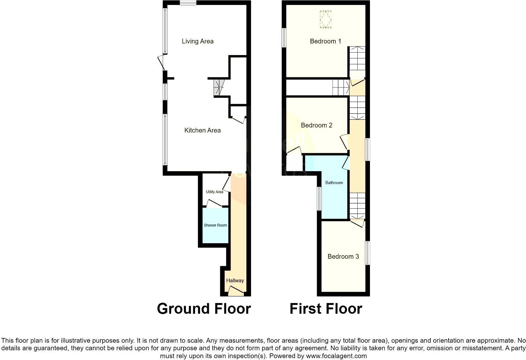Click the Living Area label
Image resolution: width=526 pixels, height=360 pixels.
pyautogui.click(x=198, y=41)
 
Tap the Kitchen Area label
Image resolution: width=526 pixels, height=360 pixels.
pyautogui.click(x=202, y=130)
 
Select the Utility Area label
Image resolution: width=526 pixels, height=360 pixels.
pyautogui.click(x=214, y=192)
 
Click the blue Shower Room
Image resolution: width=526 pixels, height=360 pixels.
pyautogui.click(x=215, y=225)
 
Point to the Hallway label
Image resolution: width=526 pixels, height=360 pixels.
pyautogui.click(x=235, y=280)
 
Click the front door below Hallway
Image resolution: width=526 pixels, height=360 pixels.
pyautogui.click(x=236, y=291)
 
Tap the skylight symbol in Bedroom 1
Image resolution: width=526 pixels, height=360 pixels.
pyautogui.click(x=326, y=20)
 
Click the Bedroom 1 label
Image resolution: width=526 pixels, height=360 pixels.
pyautogui.click(x=325, y=41)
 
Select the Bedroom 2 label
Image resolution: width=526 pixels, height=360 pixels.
pyautogui.click(x=316, y=125)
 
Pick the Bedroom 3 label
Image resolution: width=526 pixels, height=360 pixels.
pyautogui.click(x=343, y=256)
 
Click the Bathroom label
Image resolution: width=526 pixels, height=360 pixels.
pyautogui.click(x=334, y=183)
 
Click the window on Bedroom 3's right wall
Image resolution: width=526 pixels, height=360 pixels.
pyautogui.click(x=367, y=253)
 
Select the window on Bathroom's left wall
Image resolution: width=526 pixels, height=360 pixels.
pyautogui.click(x=319, y=199)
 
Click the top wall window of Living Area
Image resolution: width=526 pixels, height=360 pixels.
pyautogui.click(x=188, y=3)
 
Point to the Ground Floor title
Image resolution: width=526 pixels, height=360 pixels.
pyautogui.click(x=204, y=309)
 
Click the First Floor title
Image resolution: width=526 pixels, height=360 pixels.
pyautogui.click(x=326, y=309)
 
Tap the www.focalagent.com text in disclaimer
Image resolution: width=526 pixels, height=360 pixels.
pyautogui.click(x=336, y=356)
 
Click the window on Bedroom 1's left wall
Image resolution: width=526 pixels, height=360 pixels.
pyautogui.click(x=284, y=38)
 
